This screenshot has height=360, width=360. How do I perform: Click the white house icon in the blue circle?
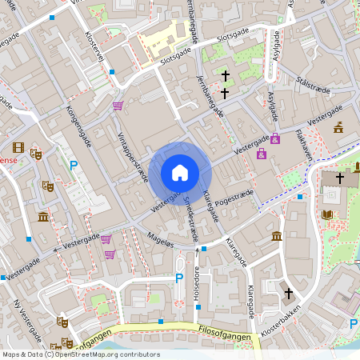coord(180,173)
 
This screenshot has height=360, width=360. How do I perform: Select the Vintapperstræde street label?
coord(133,157)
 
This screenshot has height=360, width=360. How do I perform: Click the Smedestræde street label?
coord(190,218)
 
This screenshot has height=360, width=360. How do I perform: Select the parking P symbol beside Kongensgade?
coord(74,166)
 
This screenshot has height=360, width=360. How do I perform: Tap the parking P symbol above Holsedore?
coord(179,278)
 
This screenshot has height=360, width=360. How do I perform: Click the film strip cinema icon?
coord(18,147)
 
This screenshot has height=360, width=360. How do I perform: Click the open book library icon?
coord(326,214)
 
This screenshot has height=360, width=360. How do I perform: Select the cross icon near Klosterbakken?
coord(289,294)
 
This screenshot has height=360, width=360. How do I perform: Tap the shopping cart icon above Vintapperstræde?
coord(118,106)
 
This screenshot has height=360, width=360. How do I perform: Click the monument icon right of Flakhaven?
coord(338,126)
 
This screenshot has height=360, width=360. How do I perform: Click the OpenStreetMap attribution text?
coord(81,354)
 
